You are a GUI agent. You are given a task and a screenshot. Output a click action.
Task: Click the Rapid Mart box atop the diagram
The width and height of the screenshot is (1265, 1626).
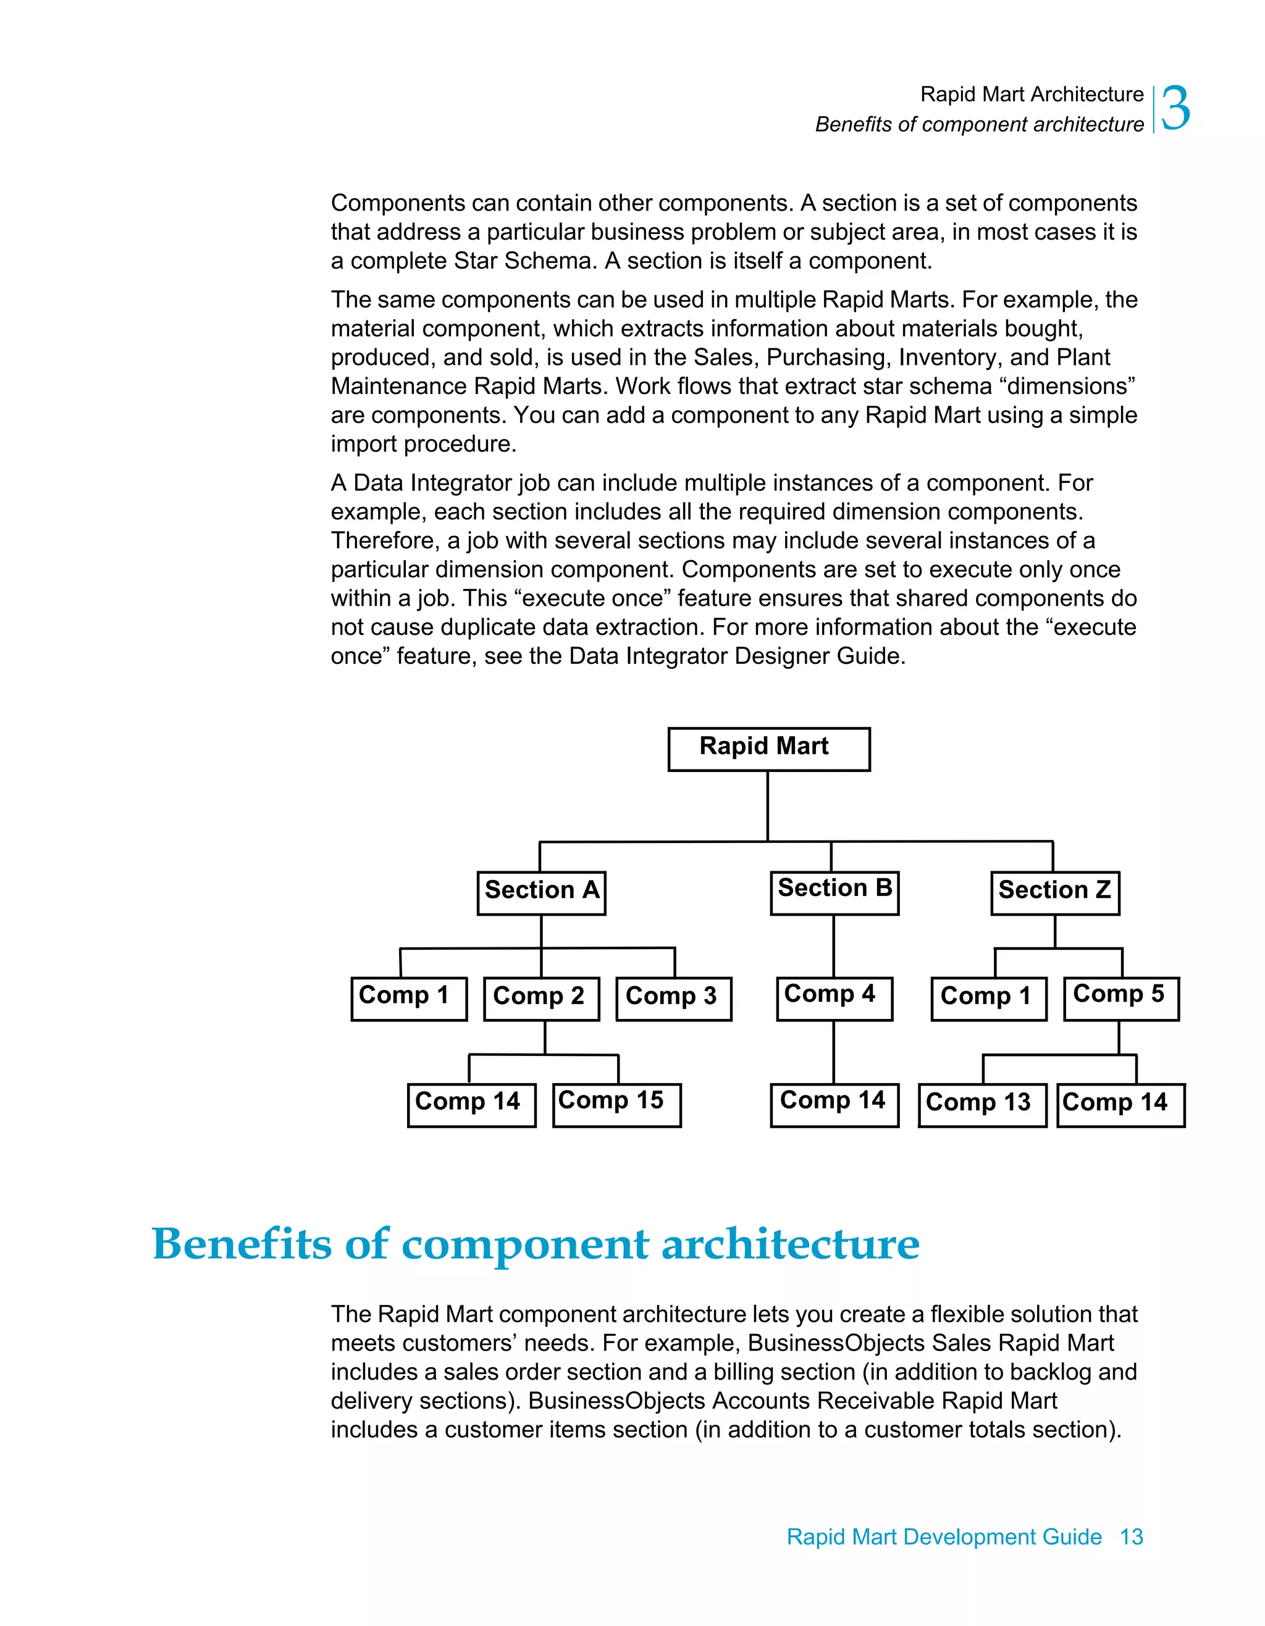tap(768, 749)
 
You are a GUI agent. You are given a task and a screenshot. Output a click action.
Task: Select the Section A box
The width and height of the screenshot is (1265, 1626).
tap(541, 892)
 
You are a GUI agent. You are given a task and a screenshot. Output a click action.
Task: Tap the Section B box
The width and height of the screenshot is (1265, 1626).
tap(834, 892)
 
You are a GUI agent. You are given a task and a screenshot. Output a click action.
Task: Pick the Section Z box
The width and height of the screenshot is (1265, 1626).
tap(1054, 892)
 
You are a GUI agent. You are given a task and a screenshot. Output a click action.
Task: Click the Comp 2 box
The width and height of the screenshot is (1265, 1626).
tap(540, 999)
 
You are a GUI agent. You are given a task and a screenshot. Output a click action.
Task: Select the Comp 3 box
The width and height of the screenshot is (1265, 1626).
tap(673, 999)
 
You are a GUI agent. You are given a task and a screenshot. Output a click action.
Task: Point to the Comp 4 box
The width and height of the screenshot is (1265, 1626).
tap(834, 999)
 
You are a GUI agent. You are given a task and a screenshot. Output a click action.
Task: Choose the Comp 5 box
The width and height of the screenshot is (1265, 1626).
tap(1120, 999)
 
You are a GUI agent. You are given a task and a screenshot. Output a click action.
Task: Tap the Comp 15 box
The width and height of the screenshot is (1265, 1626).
tap(616, 1105)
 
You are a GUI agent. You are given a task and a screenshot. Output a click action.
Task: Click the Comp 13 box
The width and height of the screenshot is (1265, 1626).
tap(981, 1105)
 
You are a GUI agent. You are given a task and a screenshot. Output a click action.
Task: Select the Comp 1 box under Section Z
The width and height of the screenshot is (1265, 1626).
tap(988, 999)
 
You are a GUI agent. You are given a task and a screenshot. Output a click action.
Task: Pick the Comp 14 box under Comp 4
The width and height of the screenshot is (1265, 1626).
tap(834, 1105)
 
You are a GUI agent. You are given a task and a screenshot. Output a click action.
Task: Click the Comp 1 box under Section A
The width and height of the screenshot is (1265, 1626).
tap(408, 999)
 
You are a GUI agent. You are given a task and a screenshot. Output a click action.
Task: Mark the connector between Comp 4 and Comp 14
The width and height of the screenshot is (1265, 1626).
tap(833, 1051)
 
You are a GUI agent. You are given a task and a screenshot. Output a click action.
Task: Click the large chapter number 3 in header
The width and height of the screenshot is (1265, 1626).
tap(1175, 109)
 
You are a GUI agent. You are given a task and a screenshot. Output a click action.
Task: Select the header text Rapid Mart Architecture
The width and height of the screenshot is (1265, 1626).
tap(1031, 94)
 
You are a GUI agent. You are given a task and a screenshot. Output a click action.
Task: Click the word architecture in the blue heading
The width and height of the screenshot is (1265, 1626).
tap(790, 1244)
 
